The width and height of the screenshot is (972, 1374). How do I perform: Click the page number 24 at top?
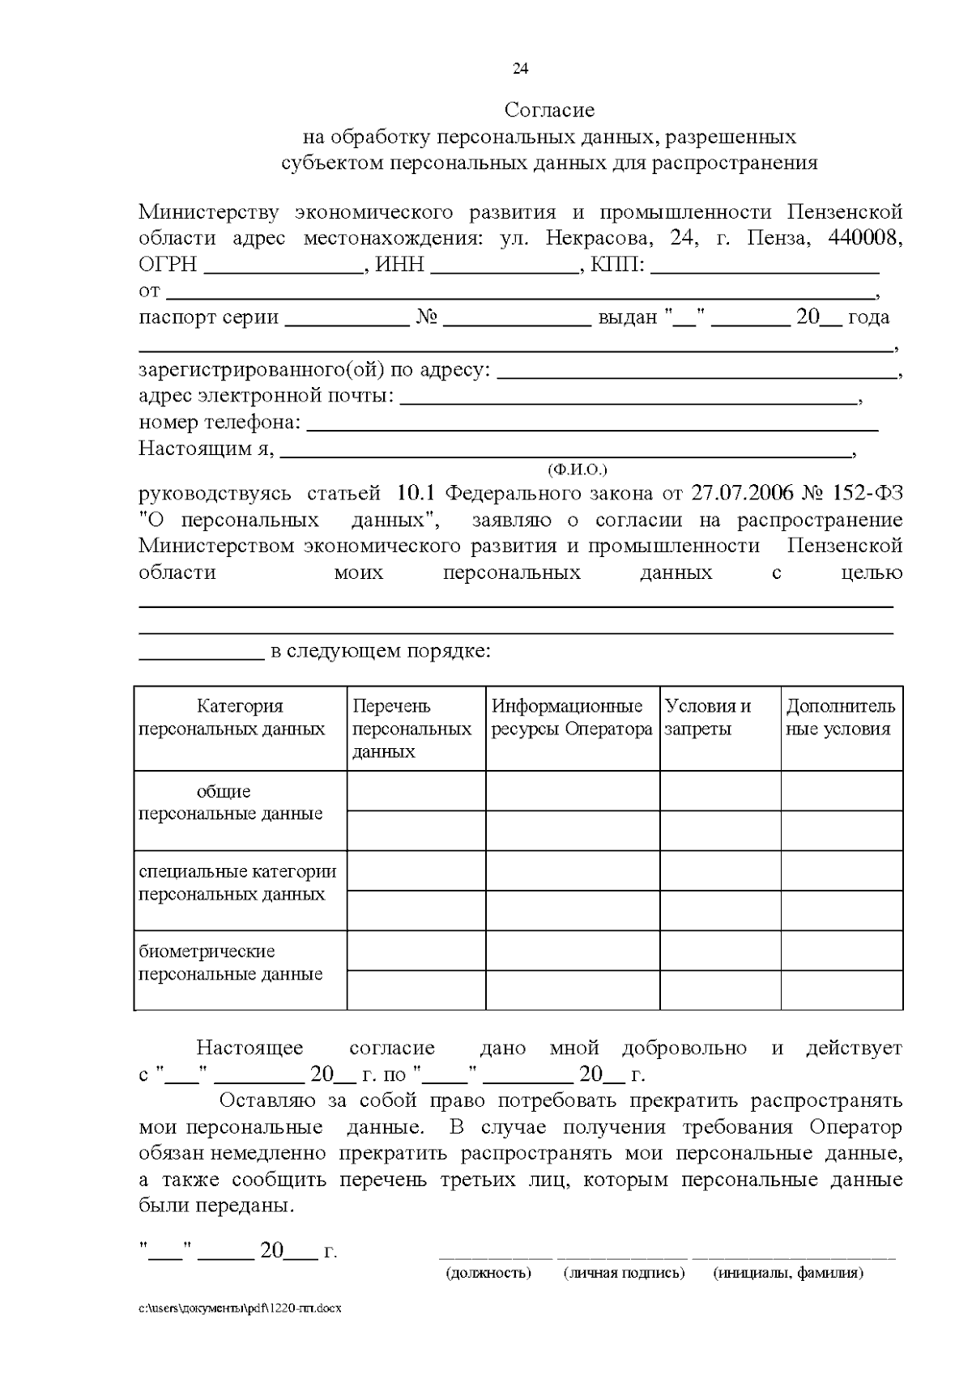pyautogui.click(x=520, y=69)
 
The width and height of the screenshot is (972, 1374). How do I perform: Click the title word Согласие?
pyautogui.click(x=549, y=109)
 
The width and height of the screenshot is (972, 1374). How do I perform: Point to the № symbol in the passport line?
pyautogui.click(x=427, y=317)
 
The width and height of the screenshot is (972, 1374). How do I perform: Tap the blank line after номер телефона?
pyautogui.click(x=593, y=426)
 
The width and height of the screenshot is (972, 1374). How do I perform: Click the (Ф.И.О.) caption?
pyautogui.click(x=578, y=470)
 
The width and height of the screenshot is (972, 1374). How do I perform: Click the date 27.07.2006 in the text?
pyautogui.click(x=742, y=494)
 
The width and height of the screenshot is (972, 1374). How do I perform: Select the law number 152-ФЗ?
pyautogui.click(x=867, y=494)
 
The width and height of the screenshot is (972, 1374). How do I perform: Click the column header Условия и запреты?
pyautogui.click(x=707, y=717)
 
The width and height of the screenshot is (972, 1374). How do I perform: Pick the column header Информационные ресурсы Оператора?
pyautogui.click(x=572, y=717)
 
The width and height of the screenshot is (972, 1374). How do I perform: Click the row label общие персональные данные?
pyautogui.click(x=232, y=803)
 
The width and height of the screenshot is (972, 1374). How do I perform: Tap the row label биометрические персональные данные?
pyautogui.click(x=232, y=963)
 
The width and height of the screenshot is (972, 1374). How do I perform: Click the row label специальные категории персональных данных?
pyautogui.click(x=238, y=883)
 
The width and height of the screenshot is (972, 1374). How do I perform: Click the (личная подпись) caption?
pyautogui.click(x=624, y=1274)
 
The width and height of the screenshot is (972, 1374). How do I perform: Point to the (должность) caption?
pyautogui.click(x=488, y=1274)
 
